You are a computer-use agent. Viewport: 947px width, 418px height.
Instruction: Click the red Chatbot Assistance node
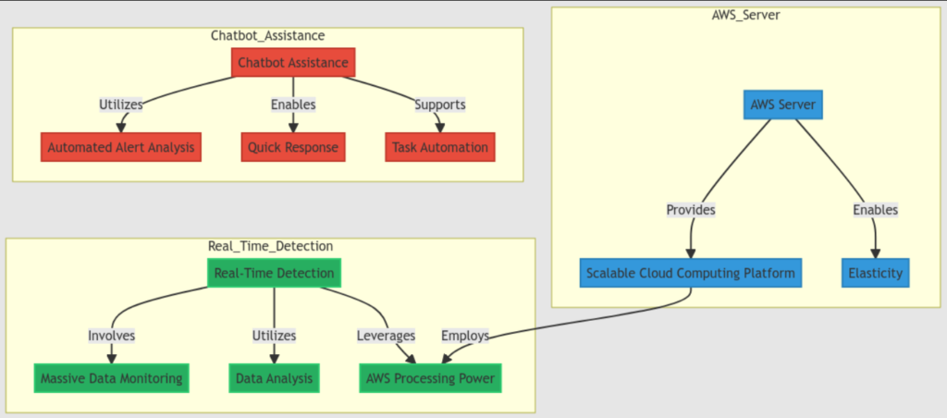click(x=292, y=63)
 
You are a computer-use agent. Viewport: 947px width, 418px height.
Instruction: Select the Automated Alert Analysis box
click(x=120, y=147)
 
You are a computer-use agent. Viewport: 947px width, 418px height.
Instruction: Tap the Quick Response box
click(x=293, y=147)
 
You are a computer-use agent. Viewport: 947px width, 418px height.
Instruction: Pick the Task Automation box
click(x=439, y=147)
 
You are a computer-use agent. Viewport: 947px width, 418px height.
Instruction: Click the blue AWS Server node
click(x=782, y=104)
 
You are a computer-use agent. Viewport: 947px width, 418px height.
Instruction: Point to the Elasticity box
click(x=875, y=274)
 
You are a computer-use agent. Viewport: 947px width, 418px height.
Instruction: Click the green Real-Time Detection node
click(x=274, y=273)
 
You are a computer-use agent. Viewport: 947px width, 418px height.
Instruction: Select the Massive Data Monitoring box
click(x=112, y=377)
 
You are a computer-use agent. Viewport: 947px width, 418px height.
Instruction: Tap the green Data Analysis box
click(x=274, y=377)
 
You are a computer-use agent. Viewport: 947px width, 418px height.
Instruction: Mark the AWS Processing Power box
click(x=430, y=377)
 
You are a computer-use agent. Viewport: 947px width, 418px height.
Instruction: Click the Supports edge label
click(x=439, y=104)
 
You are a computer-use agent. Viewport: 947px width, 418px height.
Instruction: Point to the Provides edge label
click(x=691, y=210)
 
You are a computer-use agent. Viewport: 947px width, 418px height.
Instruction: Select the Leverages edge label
click(x=386, y=336)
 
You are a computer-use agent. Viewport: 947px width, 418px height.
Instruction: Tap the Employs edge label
click(x=464, y=336)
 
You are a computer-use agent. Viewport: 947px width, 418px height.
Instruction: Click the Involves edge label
click(x=112, y=336)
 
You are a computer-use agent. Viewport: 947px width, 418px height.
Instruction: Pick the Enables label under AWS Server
click(x=875, y=210)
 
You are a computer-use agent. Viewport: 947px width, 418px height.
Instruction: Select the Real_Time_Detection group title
click(x=270, y=246)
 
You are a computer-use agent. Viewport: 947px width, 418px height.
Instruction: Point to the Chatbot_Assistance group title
click(x=267, y=35)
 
